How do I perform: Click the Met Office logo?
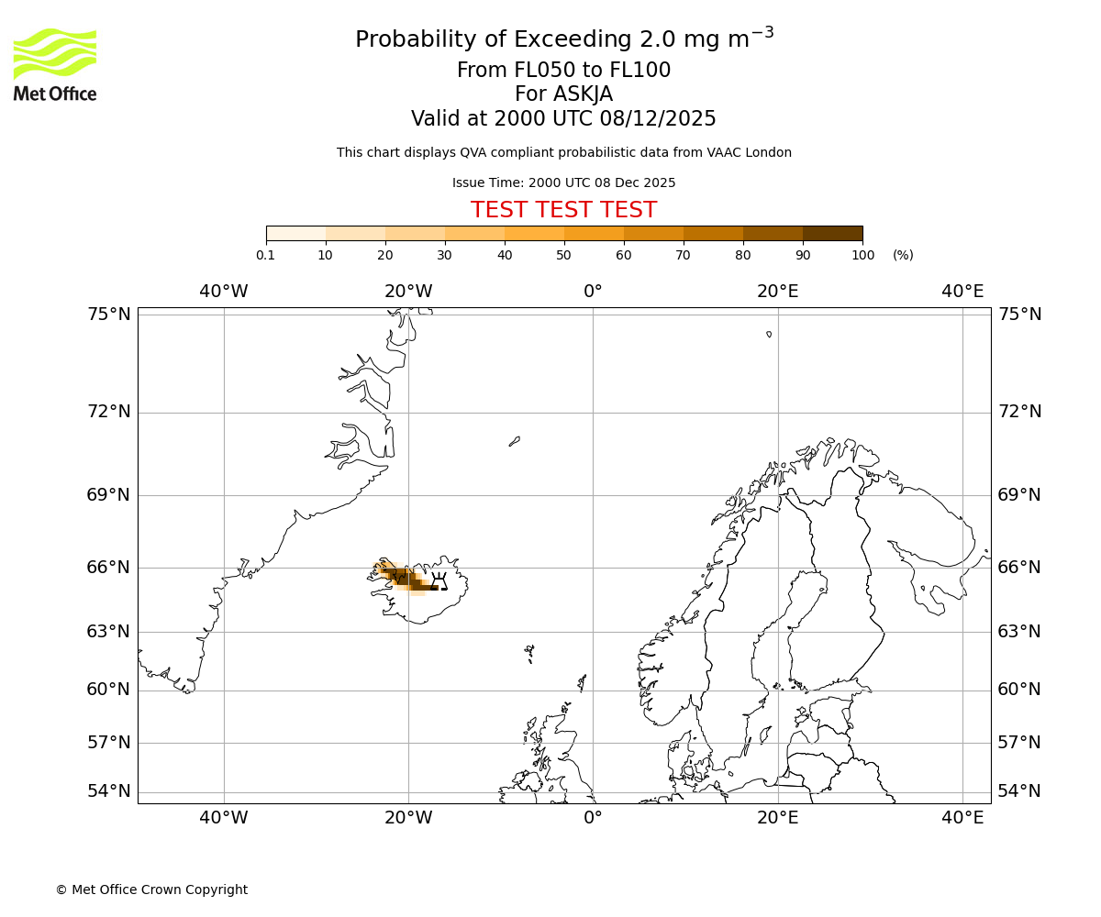coord(55,64)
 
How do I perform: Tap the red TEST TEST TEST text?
coord(563,210)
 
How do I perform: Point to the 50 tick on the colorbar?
coord(564,241)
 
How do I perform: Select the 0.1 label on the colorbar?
coord(265,255)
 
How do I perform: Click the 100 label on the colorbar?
coord(862,255)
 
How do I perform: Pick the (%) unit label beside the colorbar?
coord(903,255)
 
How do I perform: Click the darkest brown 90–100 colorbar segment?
coord(832,233)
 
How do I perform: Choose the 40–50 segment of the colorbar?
coord(534,233)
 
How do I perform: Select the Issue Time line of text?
coord(563,182)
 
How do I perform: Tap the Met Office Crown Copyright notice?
coord(151,889)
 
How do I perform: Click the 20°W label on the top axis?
coord(408,292)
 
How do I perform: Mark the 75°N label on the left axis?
coord(109,315)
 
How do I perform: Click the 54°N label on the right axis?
coord(1019,791)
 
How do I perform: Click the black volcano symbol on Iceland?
coord(439,580)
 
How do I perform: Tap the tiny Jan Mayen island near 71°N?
coord(515,441)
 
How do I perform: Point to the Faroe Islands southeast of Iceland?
coord(529,653)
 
